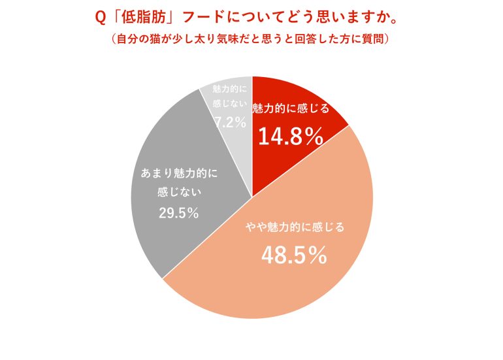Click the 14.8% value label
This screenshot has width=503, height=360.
[290, 137]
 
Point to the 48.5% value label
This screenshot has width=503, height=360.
[294, 255]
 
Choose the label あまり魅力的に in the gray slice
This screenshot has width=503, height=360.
[178, 174]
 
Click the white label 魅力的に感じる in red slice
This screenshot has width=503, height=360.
[291, 108]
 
